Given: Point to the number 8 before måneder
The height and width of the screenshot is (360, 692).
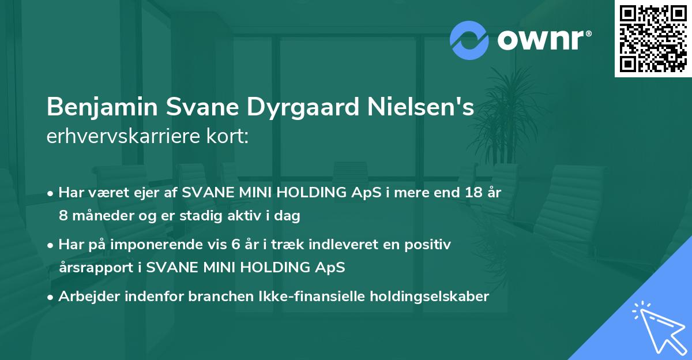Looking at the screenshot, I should click(x=63, y=216).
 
